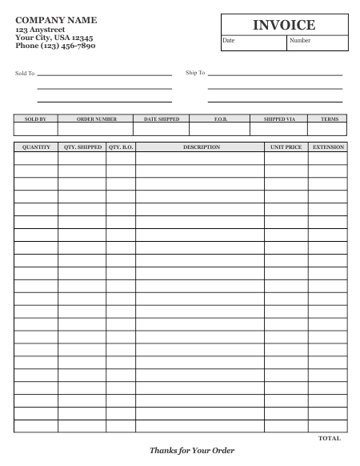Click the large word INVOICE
pos(284,26)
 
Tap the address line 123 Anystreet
pos(41,29)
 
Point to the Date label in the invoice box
pos(229,40)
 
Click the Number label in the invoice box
pos(300,40)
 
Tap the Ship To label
pos(195,73)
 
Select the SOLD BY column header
pos(35,119)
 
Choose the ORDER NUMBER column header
pos(96,119)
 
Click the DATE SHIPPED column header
pos(162,119)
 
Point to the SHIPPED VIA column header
pos(279,119)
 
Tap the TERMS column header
pos(329,119)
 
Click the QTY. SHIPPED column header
pos(82,147)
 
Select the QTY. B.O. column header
pos(120,147)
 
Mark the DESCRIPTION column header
pos(201,147)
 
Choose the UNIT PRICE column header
pos(286,147)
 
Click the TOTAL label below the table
pos(329,439)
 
